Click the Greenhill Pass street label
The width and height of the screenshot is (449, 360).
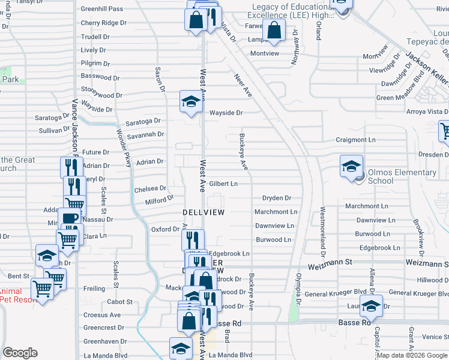pyautogui.click(x=101, y=9)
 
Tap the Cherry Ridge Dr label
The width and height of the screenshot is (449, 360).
pyautogui.click(x=104, y=23)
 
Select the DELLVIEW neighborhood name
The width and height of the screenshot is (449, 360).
pyautogui.click(x=203, y=213)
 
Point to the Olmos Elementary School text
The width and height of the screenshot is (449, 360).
pyautogui.click(x=402, y=176)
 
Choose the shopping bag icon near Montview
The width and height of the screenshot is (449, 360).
pyautogui.click(x=274, y=31)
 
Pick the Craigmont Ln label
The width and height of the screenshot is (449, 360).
pyautogui.click(x=355, y=140)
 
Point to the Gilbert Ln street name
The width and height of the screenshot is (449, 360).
pyautogui.click(x=223, y=184)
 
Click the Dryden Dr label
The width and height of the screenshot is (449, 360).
pyautogui.click(x=276, y=198)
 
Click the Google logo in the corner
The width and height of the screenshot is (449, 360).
pyautogui.click(x=20, y=353)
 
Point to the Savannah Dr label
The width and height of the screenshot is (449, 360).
pyautogui.click(x=145, y=134)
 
